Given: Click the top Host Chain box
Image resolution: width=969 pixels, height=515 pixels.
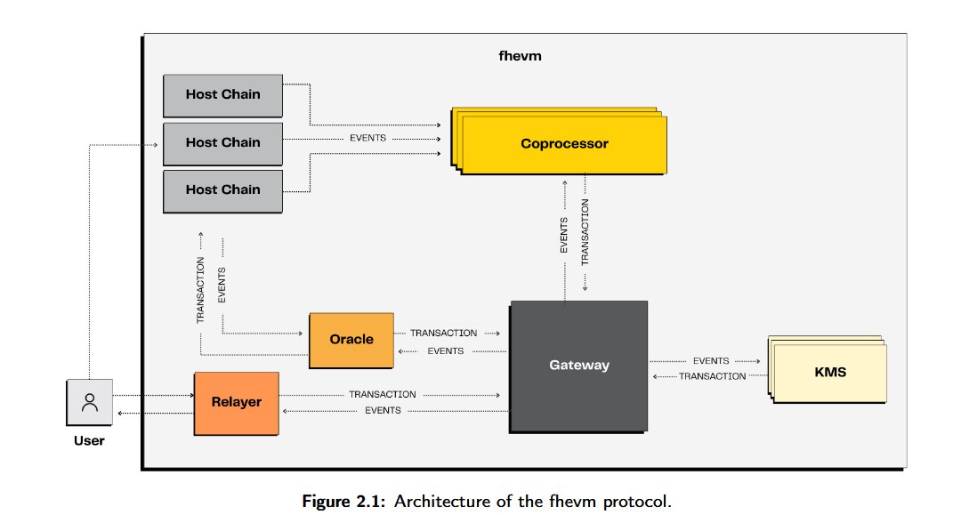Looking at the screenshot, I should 222,95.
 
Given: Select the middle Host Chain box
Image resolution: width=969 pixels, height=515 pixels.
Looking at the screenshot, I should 222,142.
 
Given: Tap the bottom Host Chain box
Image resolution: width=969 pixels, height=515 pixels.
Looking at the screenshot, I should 222,189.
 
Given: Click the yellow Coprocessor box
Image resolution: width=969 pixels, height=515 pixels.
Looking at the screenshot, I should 565,143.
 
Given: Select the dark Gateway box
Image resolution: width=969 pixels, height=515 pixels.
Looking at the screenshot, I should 578,366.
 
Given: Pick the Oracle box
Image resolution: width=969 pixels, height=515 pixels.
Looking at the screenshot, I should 351,340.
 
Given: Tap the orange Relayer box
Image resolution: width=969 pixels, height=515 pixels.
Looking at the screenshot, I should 236,402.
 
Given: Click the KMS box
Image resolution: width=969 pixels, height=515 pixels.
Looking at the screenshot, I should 829,372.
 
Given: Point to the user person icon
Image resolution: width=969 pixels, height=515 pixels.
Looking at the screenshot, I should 90,402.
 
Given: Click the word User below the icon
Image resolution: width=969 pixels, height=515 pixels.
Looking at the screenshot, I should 88,440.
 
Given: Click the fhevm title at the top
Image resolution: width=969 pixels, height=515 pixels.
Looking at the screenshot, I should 521,55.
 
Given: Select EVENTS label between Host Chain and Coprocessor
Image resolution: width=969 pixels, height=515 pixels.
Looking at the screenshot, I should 367,139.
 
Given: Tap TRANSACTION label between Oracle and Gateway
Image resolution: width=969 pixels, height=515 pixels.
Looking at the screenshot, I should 443,333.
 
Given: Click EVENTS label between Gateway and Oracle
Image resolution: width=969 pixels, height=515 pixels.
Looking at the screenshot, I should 445,351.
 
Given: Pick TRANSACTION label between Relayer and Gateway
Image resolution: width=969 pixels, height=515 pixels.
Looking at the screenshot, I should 382,394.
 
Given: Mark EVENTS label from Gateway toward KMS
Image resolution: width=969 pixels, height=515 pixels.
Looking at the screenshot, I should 710,361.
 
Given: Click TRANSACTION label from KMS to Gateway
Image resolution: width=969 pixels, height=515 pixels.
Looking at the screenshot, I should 712,376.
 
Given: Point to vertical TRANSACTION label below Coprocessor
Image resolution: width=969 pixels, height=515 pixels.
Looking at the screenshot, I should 585,233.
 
